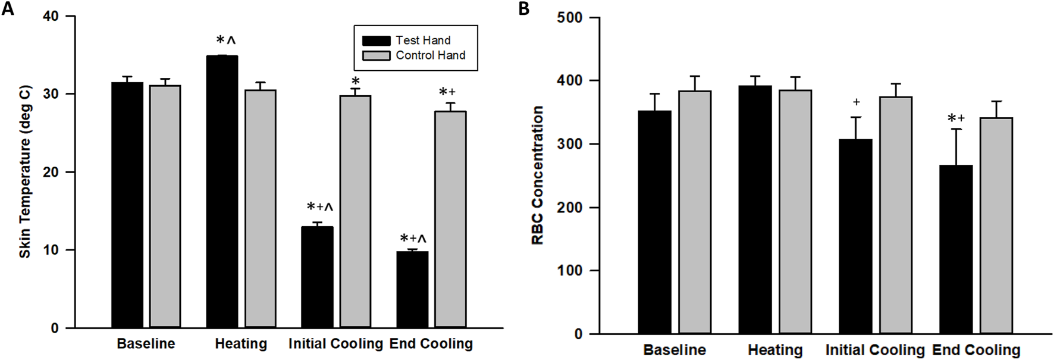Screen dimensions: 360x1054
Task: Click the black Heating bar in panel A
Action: (x=222, y=190)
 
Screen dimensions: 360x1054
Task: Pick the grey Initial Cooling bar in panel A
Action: (x=355, y=211)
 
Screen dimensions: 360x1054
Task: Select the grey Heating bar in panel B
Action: (x=795, y=211)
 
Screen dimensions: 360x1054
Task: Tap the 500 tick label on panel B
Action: (x=569, y=18)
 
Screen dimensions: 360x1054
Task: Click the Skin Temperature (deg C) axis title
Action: (x=25, y=172)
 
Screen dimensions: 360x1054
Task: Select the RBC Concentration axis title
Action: (x=538, y=175)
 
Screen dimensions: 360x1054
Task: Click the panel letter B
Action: (x=524, y=9)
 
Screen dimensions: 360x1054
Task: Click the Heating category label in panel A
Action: (x=241, y=344)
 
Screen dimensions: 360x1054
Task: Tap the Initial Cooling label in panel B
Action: (x=874, y=350)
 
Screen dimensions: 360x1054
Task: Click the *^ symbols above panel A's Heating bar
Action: (x=226, y=40)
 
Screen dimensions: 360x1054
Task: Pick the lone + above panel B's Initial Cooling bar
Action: (x=857, y=102)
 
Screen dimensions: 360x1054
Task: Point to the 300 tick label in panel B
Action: (x=569, y=144)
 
